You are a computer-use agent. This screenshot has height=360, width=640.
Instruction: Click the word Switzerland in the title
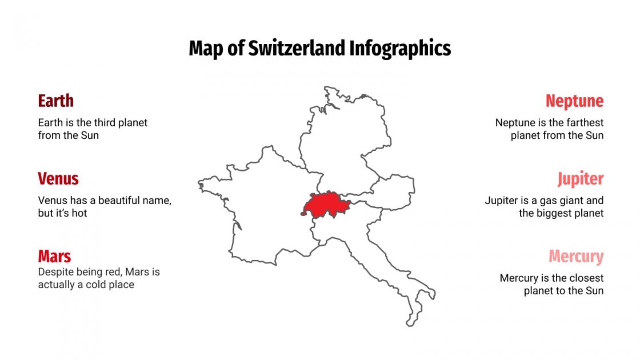pos(297,49)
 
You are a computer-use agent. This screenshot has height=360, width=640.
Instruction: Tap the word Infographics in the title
pos(400,49)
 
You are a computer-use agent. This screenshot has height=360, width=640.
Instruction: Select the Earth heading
pos(56,101)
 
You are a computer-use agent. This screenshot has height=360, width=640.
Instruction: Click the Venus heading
pos(58,179)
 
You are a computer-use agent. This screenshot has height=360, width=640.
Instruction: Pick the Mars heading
pos(55,256)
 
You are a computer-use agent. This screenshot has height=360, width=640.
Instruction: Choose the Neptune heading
pos(574,101)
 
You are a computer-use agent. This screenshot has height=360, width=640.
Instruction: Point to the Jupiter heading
pos(581,179)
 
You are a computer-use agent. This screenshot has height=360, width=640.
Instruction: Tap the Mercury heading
pos(576,257)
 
